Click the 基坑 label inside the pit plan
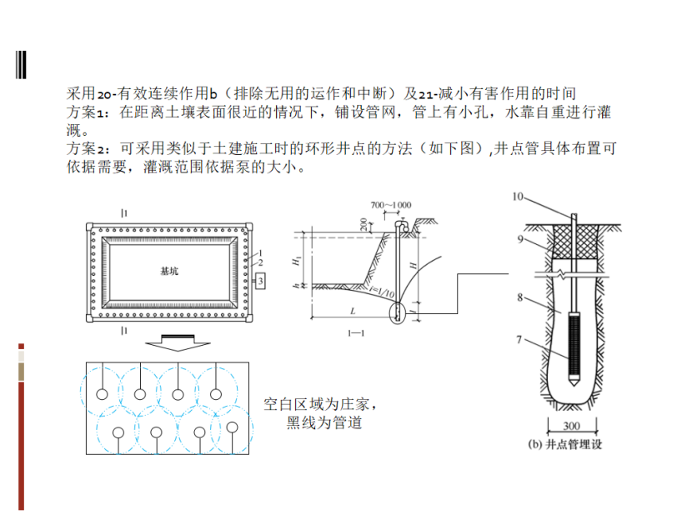click(169, 272)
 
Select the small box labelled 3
click(261, 282)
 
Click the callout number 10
click(517, 197)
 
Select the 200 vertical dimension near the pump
click(365, 226)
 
